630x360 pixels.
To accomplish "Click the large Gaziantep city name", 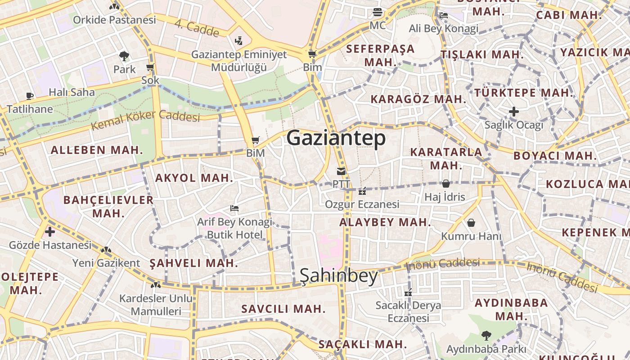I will coord(336,138).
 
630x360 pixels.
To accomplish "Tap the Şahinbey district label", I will coord(339,275).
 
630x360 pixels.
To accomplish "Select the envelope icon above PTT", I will coord(341,171).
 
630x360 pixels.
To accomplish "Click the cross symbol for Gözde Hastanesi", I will coord(50,232).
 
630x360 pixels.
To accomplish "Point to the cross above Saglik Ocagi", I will coord(514,111).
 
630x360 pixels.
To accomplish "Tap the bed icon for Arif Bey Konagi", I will coord(234,208).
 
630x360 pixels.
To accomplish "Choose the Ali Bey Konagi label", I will coord(443,29).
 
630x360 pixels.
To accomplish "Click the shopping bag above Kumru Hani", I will coord(471,223).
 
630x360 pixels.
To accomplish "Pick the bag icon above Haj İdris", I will coord(445,184).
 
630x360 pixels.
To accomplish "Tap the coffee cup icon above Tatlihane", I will coord(30,96).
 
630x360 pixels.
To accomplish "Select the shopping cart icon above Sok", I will coord(150,68).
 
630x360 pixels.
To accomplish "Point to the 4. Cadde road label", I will coord(197,28).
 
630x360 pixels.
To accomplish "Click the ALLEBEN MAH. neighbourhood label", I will coord(97,150).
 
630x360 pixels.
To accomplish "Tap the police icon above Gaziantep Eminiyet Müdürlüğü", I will coord(239,41).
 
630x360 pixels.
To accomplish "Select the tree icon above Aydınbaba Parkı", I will coord(486,335).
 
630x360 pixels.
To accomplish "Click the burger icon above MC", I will coord(378,12).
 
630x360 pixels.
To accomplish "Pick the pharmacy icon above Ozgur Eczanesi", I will coord(362,191).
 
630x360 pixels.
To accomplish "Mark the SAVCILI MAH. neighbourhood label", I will coord(283,309).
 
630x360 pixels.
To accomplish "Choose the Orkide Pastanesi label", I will coord(114,20).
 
